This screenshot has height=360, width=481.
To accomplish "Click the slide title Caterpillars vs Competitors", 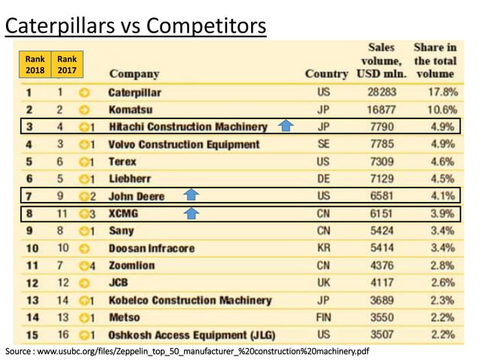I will click(x=136, y=26).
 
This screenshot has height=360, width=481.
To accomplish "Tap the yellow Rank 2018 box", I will click(x=35, y=65).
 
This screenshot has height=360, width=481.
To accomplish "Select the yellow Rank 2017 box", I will click(x=66, y=65).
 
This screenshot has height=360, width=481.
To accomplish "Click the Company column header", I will click(x=134, y=74).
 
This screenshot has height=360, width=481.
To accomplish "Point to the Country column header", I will click(x=326, y=74).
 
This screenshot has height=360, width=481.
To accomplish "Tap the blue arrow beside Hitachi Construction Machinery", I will click(x=285, y=126).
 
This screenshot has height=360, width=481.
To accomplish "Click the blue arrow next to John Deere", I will click(x=191, y=195).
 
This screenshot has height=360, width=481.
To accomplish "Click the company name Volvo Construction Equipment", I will click(x=184, y=144).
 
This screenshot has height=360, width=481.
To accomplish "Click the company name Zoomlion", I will click(x=133, y=265).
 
